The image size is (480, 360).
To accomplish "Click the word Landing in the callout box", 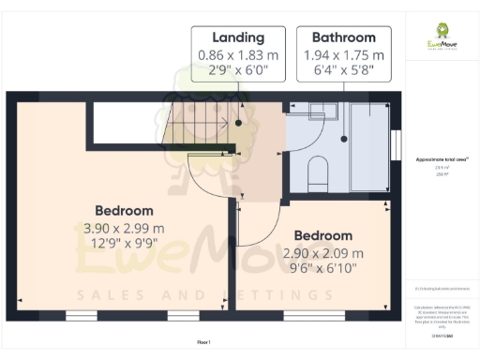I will click(238, 37).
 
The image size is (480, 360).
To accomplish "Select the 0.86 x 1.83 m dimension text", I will click(238, 54).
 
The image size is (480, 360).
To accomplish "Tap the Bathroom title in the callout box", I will click(344, 37).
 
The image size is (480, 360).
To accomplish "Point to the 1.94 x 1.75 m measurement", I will click(344, 54).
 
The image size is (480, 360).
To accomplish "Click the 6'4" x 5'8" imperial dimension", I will click(344, 70).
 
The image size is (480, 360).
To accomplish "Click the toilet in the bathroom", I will click(318, 172).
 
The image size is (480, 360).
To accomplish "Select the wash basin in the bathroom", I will click(316, 112).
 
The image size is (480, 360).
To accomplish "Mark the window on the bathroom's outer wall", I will click(397, 144).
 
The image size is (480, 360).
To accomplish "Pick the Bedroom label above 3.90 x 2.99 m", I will click(124, 211).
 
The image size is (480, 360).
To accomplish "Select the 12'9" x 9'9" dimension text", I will click(124, 246).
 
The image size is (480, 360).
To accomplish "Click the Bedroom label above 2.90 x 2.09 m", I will click(322, 235).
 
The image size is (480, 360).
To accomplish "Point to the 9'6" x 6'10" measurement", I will click(322, 270).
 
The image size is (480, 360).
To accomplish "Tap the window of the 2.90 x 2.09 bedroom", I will click(310, 314).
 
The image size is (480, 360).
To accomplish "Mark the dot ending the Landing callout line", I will click(239, 123).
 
